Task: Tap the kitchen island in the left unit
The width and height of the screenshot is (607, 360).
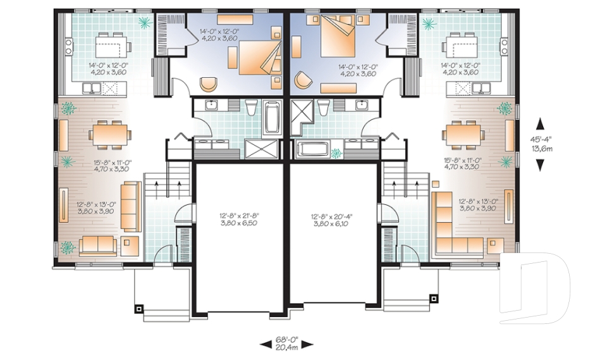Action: click(112, 46)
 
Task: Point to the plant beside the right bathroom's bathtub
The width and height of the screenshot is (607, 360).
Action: click(336, 152)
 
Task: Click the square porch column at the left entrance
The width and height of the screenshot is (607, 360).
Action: click(139, 309)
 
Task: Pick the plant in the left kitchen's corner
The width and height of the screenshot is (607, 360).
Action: click(145, 24)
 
